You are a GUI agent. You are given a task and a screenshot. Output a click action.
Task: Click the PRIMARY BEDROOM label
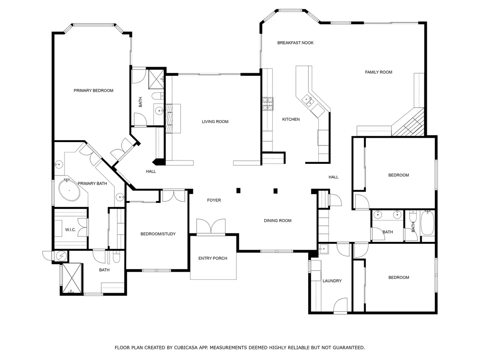[x=93, y=90]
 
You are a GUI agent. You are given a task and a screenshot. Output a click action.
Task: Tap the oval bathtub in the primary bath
[x=69, y=190]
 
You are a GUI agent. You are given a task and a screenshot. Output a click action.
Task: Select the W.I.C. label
[x=70, y=230]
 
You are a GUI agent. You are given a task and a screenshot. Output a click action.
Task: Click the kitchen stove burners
[x=268, y=103]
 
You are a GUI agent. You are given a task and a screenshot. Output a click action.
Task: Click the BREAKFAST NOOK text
[x=295, y=43]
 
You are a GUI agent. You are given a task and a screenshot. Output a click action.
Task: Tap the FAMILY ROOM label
[x=378, y=72]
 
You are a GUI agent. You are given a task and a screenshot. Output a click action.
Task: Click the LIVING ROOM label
[x=215, y=121]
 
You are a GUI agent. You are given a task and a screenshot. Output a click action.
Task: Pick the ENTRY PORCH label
[x=213, y=258]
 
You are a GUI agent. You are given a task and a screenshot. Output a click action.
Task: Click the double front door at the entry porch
[x=211, y=227]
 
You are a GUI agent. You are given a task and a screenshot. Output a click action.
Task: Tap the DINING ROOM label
[x=277, y=220]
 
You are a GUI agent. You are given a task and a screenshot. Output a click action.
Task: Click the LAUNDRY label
[x=332, y=280]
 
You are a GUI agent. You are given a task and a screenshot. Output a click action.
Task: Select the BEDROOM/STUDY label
[x=158, y=234]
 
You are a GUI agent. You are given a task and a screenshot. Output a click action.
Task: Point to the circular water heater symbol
[x=61, y=256]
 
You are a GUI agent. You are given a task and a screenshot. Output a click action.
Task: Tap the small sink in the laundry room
[x=323, y=249]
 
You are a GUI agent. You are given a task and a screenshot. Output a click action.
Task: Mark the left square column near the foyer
[x=238, y=190]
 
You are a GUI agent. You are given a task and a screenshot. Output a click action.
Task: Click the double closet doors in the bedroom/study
[x=174, y=196]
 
